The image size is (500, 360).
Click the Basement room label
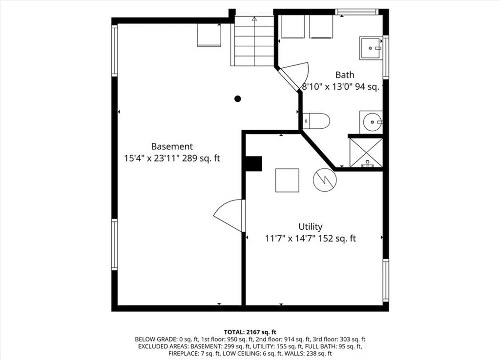[x=172, y=146]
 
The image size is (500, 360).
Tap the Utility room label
[x=310, y=227]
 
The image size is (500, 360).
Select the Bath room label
[x=345, y=75]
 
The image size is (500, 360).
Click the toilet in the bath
[x=316, y=121]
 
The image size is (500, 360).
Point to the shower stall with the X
[x=366, y=153]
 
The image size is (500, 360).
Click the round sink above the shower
[x=371, y=122]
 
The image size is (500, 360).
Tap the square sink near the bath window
[x=371, y=48]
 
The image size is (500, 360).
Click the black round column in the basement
[x=238, y=99]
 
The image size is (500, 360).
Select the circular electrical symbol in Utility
[x=325, y=180]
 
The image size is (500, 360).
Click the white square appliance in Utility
[x=287, y=180]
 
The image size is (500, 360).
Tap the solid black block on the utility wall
[x=253, y=164]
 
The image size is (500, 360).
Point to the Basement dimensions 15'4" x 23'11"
[x=152, y=159]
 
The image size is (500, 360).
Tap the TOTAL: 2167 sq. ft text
[x=250, y=332]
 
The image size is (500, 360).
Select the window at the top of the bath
[x=356, y=12]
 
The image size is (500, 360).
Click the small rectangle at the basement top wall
[x=209, y=35]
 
